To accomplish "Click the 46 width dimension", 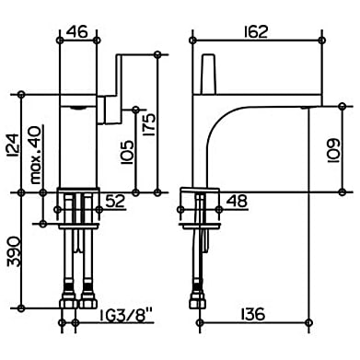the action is [x=77, y=31].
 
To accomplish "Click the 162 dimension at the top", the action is [x=256, y=31].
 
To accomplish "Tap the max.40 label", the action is [x=36, y=155].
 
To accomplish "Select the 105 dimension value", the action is [x=127, y=152].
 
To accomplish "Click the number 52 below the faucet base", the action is [x=115, y=201].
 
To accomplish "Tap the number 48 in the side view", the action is [x=237, y=201].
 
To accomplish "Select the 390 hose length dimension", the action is [x=14, y=251].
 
